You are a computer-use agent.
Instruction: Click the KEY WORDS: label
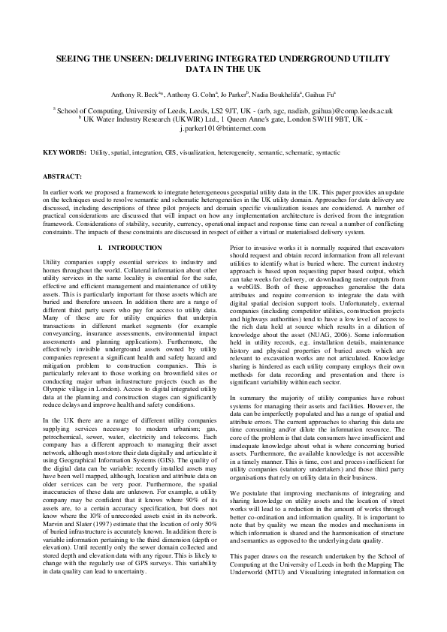coord(64,152)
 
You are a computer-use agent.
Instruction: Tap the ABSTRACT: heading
coord(62,176)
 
